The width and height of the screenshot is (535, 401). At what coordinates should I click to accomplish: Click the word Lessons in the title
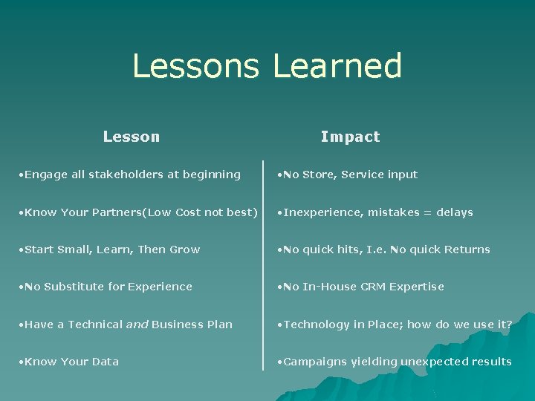click(x=195, y=66)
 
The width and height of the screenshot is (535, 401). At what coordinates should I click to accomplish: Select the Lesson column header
click(x=132, y=137)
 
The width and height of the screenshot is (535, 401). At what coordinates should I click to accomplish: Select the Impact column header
click(x=350, y=137)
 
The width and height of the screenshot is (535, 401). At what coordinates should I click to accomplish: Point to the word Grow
click(x=185, y=250)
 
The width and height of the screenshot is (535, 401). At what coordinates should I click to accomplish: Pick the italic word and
click(x=138, y=325)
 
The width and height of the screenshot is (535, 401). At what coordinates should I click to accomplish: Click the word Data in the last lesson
click(x=105, y=362)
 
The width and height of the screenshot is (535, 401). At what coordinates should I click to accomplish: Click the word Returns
click(x=467, y=250)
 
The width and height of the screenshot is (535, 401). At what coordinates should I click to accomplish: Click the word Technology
click(x=318, y=325)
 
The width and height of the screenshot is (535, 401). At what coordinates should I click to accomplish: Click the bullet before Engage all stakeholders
click(x=21, y=175)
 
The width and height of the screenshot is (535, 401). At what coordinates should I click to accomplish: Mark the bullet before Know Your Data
click(x=21, y=362)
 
